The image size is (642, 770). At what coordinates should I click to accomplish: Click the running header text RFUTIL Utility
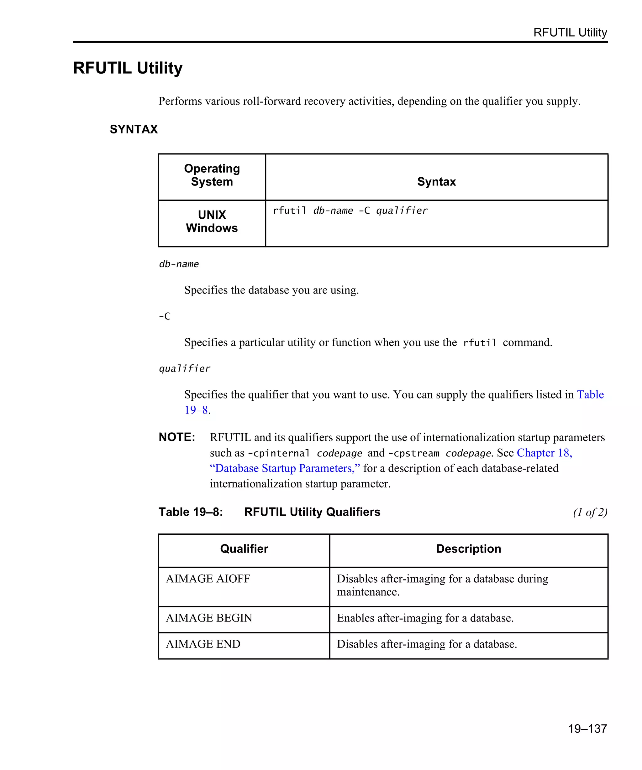pyautogui.click(x=570, y=33)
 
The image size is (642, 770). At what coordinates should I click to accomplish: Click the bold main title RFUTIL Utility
pyautogui.click(x=128, y=68)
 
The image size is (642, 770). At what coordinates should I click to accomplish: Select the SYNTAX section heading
pyautogui.click(x=134, y=129)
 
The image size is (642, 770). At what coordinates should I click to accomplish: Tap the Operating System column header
pyautogui.click(x=212, y=175)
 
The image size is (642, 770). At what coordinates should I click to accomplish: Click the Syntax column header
pyautogui.click(x=436, y=182)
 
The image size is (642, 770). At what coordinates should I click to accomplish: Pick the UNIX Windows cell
pyautogui.click(x=212, y=221)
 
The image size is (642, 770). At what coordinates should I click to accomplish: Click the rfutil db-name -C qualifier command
pyautogui.click(x=350, y=211)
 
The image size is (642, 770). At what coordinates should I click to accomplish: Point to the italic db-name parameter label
pyautogui.click(x=179, y=264)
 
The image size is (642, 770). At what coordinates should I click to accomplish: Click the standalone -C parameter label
pyautogui.click(x=164, y=316)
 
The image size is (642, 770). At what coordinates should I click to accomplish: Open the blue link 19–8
pyautogui.click(x=196, y=410)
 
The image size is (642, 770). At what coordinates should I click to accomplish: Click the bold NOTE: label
pyautogui.click(x=177, y=437)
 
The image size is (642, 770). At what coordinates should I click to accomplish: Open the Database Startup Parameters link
pyautogui.click(x=285, y=468)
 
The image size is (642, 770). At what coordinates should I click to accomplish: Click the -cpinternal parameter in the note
pyautogui.click(x=279, y=454)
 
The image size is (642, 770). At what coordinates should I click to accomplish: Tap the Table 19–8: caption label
pyautogui.click(x=190, y=512)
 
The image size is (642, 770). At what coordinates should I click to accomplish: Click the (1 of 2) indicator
pyautogui.click(x=590, y=512)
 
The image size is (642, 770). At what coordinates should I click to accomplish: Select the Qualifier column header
pyautogui.click(x=244, y=549)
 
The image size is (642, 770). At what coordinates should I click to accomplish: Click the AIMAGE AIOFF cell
pyautogui.click(x=208, y=579)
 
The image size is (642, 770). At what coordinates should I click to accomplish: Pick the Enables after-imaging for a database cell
pyautogui.click(x=425, y=618)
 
